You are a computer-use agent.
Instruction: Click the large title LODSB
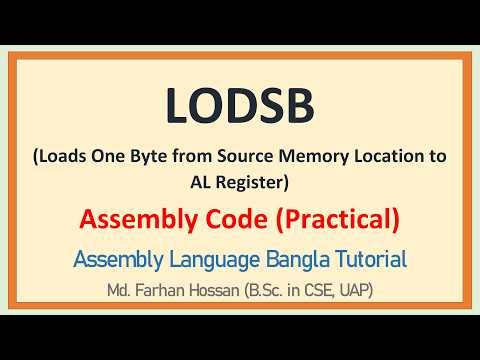pos(240,106)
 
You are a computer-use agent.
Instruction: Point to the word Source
pos(252,158)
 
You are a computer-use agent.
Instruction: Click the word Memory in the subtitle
pos(326,158)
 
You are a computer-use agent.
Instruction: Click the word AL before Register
pos(189,183)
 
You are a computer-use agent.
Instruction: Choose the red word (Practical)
pos(329,218)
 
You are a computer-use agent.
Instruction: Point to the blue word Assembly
pos(114,259)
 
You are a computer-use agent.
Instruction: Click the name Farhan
pos(171,293)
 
